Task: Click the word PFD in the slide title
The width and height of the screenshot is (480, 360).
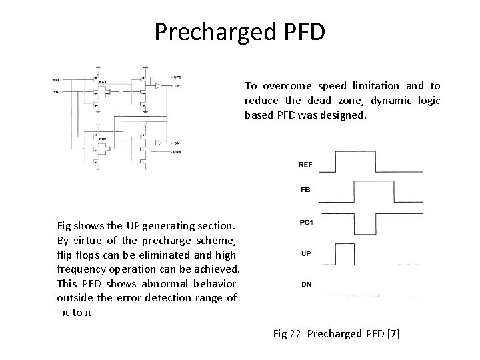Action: pyautogui.click(x=302, y=31)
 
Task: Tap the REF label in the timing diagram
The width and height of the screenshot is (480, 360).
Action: pyautogui.click(x=305, y=164)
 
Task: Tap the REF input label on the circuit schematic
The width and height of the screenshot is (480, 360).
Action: pyautogui.click(x=57, y=81)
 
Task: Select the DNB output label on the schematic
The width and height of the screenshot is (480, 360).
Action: pyautogui.click(x=177, y=153)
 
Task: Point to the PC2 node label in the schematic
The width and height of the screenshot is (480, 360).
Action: pyautogui.click(x=102, y=139)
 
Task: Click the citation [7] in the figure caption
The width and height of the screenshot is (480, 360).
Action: pyautogui.click(x=394, y=333)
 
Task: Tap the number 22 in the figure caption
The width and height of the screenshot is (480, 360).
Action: pyautogui.click(x=295, y=333)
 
